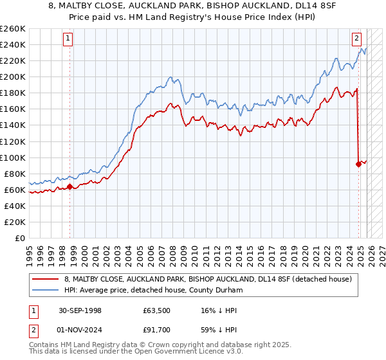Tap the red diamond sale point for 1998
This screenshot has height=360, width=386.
click(x=69, y=187)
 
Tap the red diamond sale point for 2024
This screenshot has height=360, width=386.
click(x=358, y=164)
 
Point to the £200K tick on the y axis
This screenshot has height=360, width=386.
click(x=13, y=76)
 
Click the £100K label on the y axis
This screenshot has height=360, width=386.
click(x=13, y=157)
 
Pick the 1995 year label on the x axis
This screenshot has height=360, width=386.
click(x=29, y=251)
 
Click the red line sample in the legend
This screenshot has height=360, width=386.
click(x=45, y=280)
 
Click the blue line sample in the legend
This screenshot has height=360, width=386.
click(x=45, y=291)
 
